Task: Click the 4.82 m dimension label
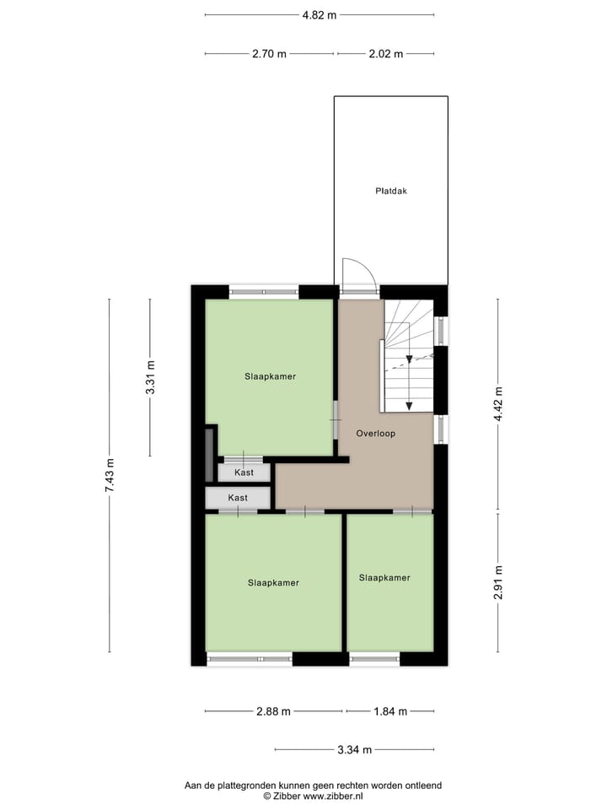(x=320, y=14)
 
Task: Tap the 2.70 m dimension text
(x=269, y=54)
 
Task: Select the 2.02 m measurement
(x=386, y=54)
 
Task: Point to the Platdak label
(x=391, y=191)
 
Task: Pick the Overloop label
(x=375, y=433)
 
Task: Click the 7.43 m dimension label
(x=110, y=475)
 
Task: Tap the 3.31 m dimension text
(x=151, y=378)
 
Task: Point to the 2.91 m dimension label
(x=498, y=581)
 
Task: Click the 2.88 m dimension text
(x=273, y=711)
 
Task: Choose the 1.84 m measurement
(x=390, y=711)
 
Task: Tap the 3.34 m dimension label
(x=355, y=749)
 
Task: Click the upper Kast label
(x=244, y=472)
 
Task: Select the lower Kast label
(x=238, y=498)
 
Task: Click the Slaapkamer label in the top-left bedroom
(x=270, y=376)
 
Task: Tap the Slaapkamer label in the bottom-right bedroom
(x=384, y=578)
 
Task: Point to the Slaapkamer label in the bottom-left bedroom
(x=273, y=582)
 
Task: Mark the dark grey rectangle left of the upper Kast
(x=210, y=454)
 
